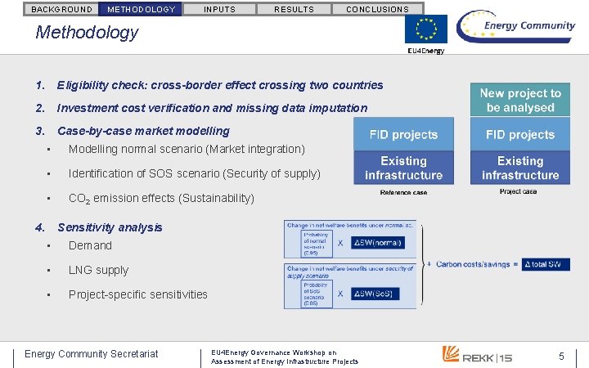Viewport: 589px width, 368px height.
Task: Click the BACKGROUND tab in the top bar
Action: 61,9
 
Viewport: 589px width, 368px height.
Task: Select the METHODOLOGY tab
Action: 142,9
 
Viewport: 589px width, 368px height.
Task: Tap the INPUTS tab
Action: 219,9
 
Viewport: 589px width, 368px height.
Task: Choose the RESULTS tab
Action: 294,9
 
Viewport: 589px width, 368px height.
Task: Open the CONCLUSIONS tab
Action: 377,9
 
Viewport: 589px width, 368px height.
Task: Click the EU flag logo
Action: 425,30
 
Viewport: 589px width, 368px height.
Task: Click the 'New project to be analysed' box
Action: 520,100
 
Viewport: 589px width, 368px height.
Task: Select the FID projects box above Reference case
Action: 403,134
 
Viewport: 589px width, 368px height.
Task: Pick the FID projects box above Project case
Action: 520,134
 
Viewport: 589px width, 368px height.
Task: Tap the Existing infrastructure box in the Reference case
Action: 403,168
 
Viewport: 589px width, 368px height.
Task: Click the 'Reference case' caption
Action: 403,192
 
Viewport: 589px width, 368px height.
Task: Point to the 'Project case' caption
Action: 519,191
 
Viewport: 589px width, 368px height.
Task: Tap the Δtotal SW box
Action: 546,264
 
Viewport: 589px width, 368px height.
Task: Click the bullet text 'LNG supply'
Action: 98,270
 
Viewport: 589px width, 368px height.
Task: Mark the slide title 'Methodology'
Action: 87,33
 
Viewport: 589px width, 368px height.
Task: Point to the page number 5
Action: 561,356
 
